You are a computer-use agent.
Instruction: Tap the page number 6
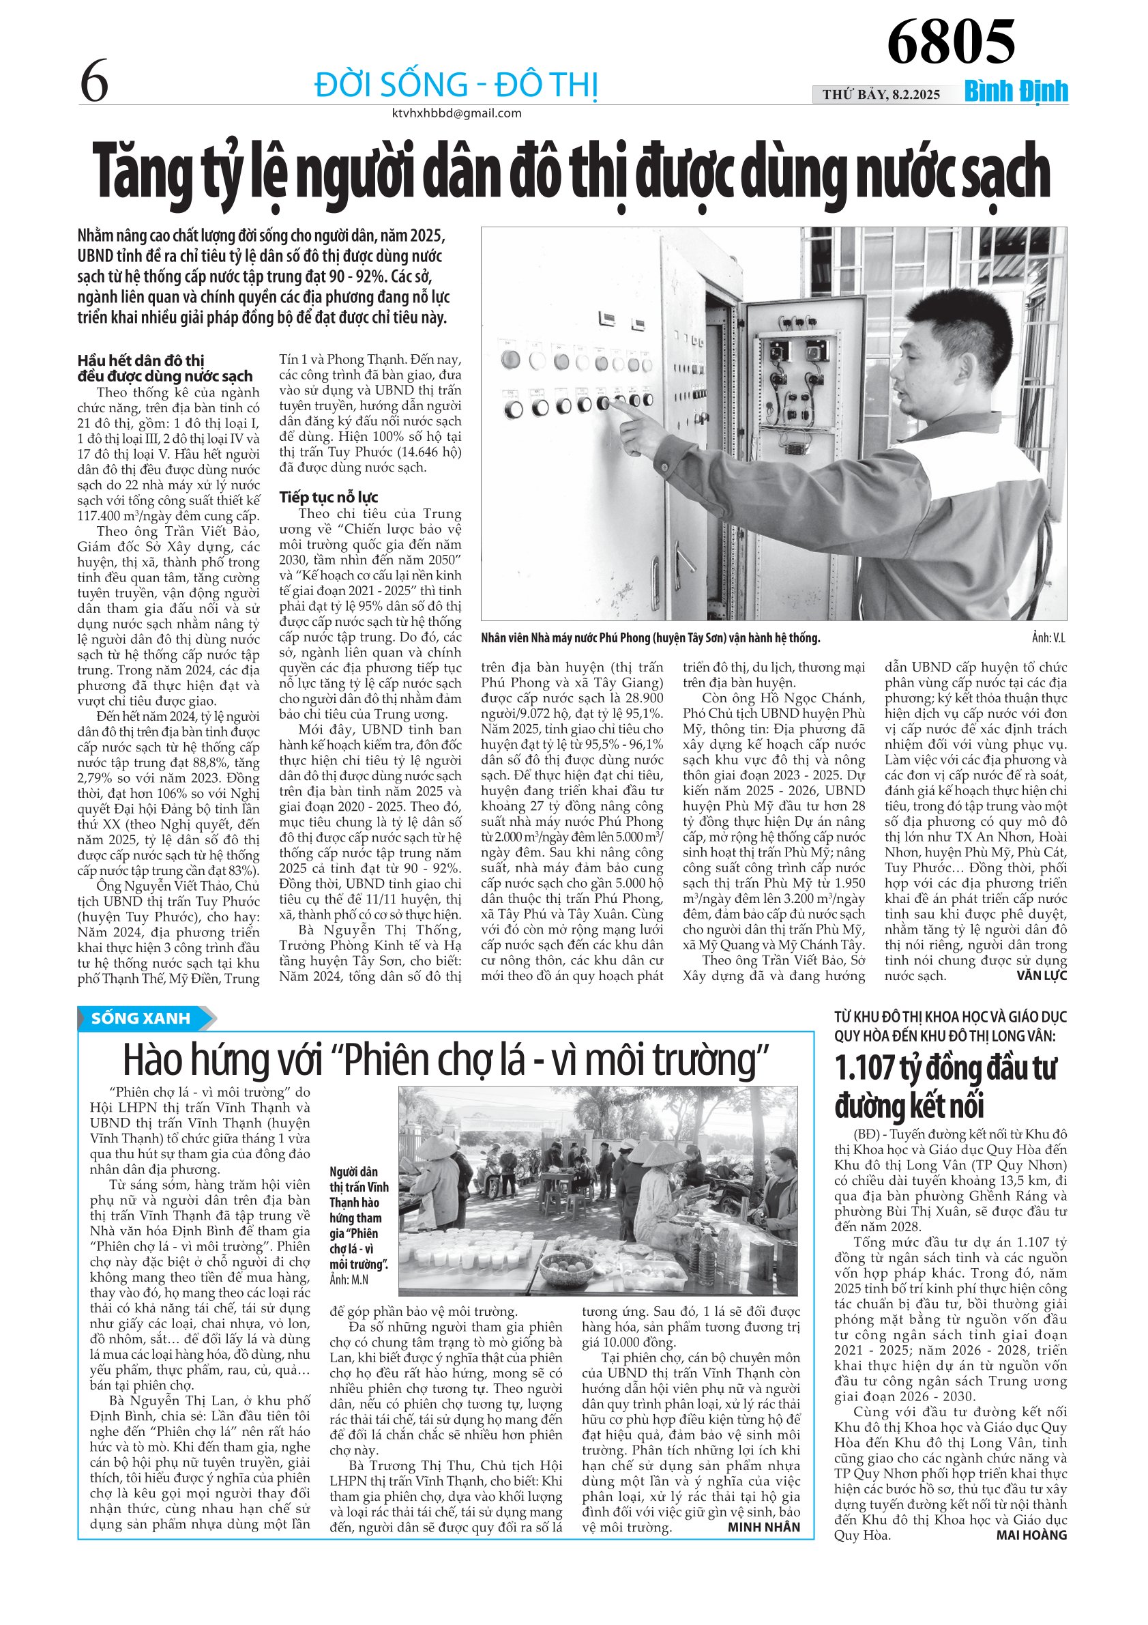pyautogui.click(x=94, y=81)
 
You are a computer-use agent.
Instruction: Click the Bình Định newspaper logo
pyautogui.click(x=1016, y=92)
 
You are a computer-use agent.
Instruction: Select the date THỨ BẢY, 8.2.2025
pyautogui.click(x=881, y=95)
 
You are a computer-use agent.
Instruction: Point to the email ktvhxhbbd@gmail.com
pyautogui.click(x=456, y=113)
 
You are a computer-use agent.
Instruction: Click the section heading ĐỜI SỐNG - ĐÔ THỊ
pyautogui.click(x=456, y=85)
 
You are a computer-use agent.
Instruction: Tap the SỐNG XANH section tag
pyautogui.click(x=141, y=1018)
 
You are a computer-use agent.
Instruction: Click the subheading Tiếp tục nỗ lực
pyautogui.click(x=328, y=497)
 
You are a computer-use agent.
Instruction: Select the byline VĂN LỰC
pyautogui.click(x=1041, y=976)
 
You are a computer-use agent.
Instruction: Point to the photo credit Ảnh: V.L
pyautogui.click(x=1048, y=638)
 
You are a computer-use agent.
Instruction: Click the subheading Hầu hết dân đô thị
pyautogui.click(x=141, y=360)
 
